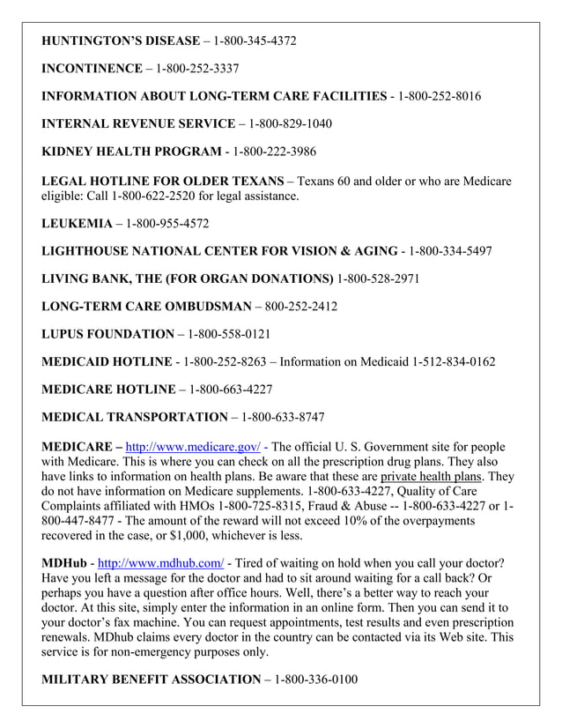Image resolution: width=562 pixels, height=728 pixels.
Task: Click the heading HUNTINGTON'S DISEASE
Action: pyautogui.click(x=121, y=41)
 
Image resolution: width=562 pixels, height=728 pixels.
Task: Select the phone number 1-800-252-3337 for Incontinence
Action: pyautogui.click(x=197, y=68)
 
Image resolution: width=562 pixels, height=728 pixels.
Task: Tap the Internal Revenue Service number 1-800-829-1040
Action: pyautogui.click(x=291, y=123)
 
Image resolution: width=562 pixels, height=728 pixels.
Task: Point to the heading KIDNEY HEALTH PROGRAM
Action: pyautogui.click(x=131, y=152)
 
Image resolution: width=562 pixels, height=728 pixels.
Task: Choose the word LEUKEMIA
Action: pyautogui.click(x=77, y=224)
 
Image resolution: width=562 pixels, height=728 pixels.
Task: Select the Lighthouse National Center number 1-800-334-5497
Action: pyautogui.click(x=450, y=252)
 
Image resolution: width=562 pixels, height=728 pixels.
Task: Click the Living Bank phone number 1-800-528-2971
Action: pyautogui.click(x=379, y=279)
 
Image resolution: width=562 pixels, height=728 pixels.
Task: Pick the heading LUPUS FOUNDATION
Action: pyautogui.click(x=108, y=335)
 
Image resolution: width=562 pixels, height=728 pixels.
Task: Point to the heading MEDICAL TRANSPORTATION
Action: pyautogui.click(x=135, y=418)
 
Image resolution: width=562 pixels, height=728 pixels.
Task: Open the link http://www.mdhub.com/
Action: pyautogui.click(x=160, y=562)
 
